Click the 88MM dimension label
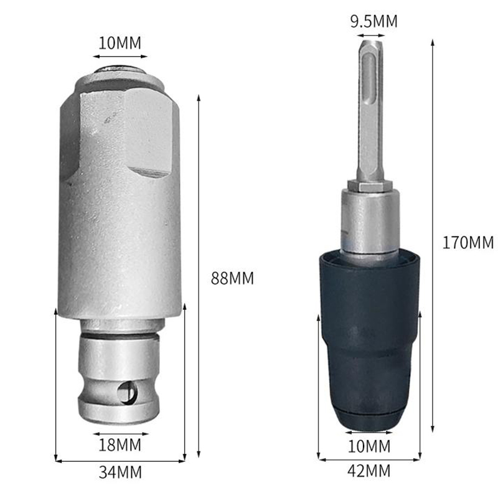click(232, 278)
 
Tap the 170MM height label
click(468, 243)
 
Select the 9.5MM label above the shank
click(374, 21)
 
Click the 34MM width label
click(120, 472)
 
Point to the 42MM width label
click(369, 471)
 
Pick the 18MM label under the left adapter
click(120, 445)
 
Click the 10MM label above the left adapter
click(120, 43)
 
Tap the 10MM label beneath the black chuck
click(369, 446)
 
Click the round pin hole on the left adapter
click(128, 394)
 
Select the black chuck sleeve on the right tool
click(370, 341)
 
